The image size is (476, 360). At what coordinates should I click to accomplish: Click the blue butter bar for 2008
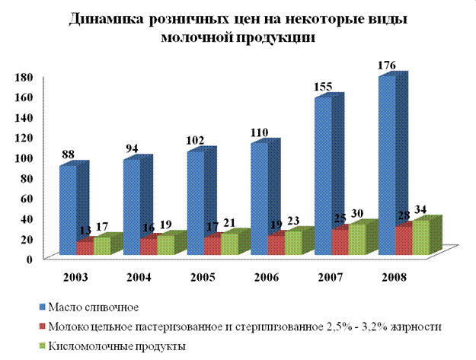click(388, 152)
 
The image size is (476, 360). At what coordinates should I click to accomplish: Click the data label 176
click(387, 67)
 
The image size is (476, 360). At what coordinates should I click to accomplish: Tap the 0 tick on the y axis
click(30, 258)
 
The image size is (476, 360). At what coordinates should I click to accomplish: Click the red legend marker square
click(42, 326)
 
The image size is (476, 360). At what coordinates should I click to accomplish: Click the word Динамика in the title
click(104, 21)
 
